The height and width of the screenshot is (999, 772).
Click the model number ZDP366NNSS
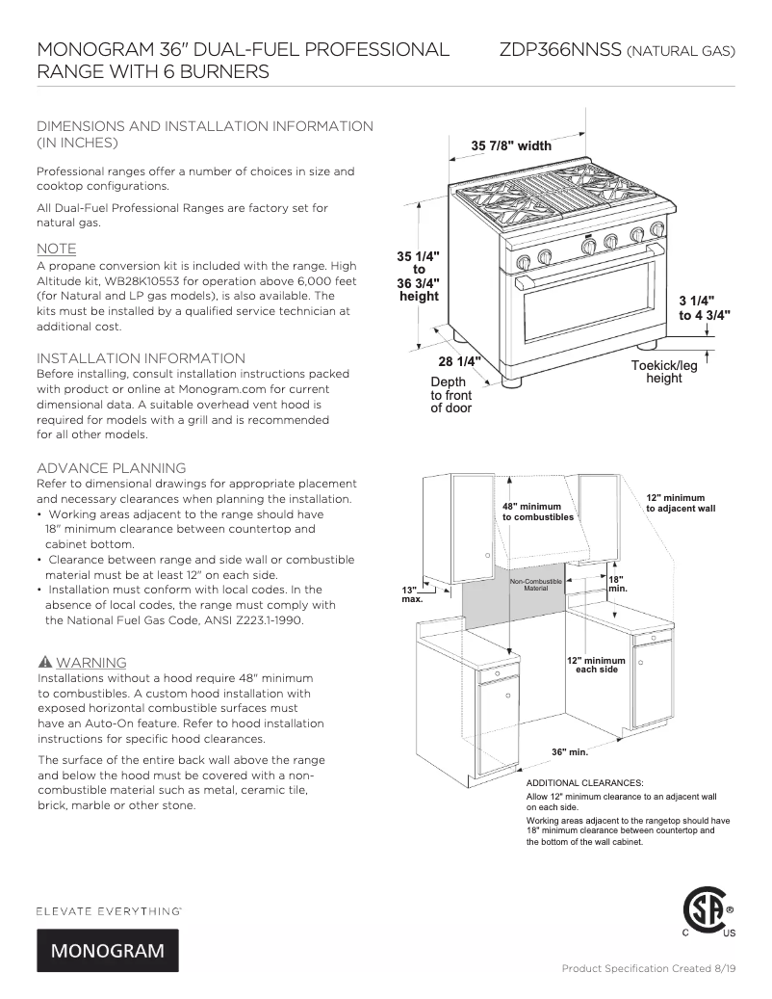point(559,49)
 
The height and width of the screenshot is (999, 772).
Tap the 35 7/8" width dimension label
point(511,146)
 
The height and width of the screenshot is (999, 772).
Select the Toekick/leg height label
point(663,372)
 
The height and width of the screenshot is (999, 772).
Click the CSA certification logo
point(708,912)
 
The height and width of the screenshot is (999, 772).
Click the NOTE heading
point(56,249)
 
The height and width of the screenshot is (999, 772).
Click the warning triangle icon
point(44,663)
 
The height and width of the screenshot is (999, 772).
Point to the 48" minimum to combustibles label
point(538,512)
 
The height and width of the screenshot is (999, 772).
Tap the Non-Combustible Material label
point(535,585)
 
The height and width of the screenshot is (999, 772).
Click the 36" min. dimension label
point(570,751)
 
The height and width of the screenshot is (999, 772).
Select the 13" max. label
point(412,594)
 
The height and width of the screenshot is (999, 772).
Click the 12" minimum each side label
point(596,665)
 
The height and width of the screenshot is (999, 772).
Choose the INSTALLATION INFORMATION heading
point(141,358)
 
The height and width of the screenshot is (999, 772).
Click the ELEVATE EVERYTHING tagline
point(109,909)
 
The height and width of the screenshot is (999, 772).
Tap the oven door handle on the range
point(586,280)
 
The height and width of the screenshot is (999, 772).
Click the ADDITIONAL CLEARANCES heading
point(584,783)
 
